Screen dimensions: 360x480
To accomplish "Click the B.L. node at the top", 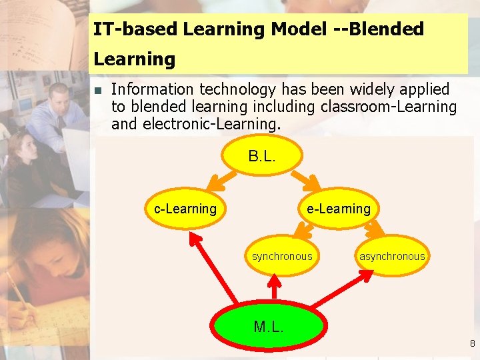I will point(262,157).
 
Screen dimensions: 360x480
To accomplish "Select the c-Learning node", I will point(185,209).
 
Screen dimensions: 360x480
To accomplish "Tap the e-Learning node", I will point(338,209).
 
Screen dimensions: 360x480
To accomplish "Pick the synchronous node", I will point(281,256).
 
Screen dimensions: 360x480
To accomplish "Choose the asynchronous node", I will point(391,256).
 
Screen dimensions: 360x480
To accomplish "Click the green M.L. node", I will point(268,327).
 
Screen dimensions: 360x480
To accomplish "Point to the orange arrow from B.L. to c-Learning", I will point(218,181).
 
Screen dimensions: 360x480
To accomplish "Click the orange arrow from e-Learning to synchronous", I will point(305,231).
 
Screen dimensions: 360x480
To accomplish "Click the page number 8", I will point(472,344).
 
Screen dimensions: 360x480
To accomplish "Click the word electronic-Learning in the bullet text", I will point(211,124).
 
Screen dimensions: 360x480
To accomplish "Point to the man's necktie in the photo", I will point(60,123).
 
